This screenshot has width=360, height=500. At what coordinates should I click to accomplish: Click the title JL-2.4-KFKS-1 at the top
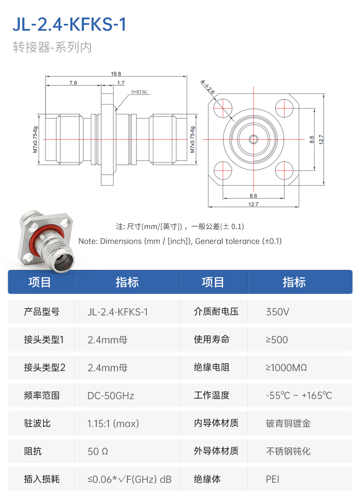point(69,25)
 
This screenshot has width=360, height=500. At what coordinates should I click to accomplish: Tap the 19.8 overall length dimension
point(116,74)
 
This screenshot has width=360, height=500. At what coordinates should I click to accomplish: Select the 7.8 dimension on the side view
point(73,83)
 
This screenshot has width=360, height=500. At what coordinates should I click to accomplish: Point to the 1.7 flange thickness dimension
point(121,83)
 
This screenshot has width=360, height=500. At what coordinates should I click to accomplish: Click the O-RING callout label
point(139,92)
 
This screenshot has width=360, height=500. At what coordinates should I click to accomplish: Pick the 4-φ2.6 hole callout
point(207,87)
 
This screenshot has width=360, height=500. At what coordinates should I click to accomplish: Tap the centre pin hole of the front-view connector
point(253,139)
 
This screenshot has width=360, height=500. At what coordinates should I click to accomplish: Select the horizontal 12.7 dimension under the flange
point(253,205)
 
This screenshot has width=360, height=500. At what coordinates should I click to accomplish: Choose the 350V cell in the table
point(278,312)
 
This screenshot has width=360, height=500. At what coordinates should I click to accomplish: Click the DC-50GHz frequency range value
point(111,396)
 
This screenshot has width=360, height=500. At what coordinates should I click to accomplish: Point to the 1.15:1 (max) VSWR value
point(113,424)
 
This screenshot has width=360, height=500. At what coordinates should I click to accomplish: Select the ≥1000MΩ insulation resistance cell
point(286,368)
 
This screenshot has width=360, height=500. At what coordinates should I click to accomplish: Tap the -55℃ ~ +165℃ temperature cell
point(299,396)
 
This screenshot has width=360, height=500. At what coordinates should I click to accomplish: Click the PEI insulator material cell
point(273,479)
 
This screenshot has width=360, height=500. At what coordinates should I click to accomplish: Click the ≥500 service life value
point(277,340)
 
